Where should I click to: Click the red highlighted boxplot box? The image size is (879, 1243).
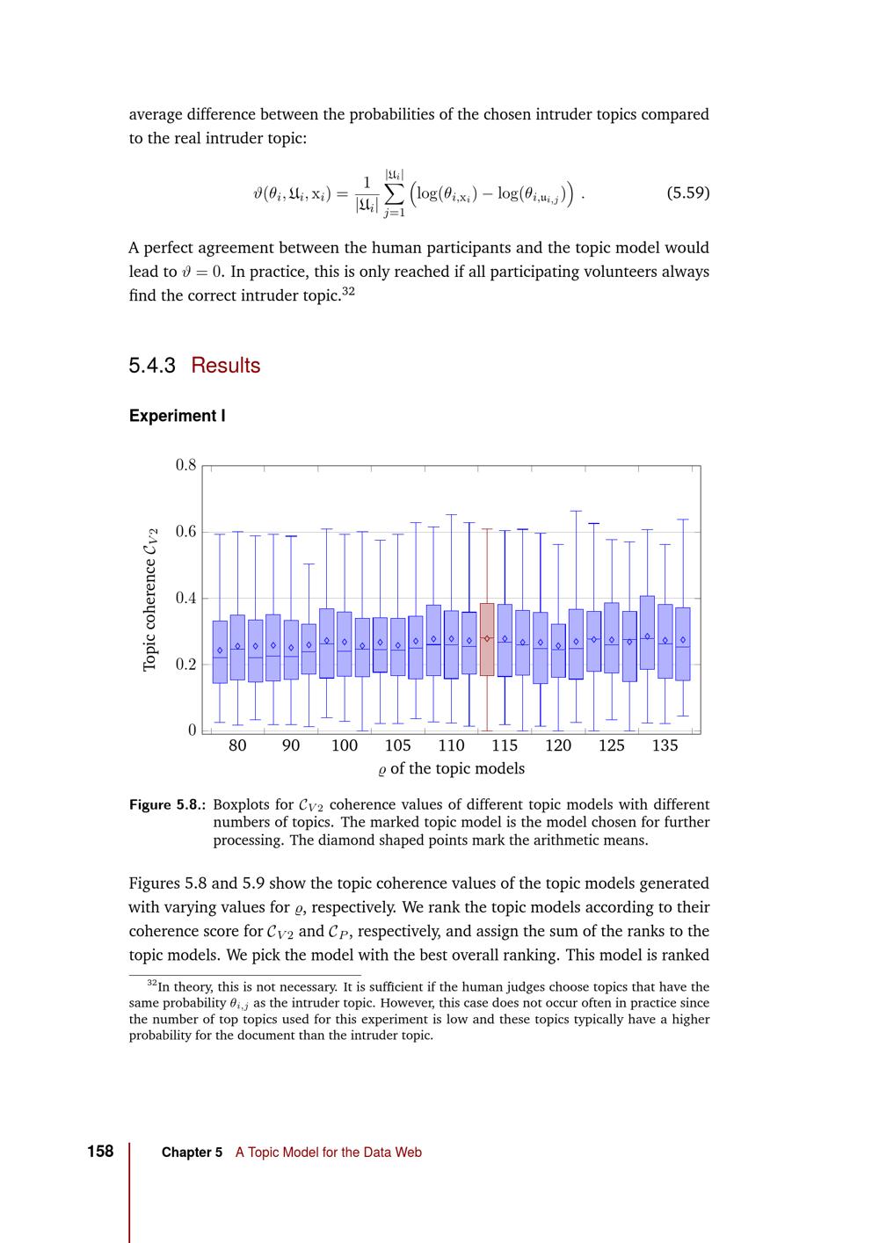[x=486, y=639]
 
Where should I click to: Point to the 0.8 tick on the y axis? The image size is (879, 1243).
[x=185, y=465]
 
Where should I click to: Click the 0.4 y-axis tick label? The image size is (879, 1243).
[x=185, y=599]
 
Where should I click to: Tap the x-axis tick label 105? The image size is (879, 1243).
[x=397, y=745]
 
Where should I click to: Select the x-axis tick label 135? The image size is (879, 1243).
[x=665, y=745]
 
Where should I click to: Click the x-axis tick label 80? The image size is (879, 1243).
[x=237, y=745]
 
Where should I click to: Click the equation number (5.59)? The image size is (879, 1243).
[x=688, y=193]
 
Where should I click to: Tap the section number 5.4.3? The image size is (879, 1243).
[x=152, y=366]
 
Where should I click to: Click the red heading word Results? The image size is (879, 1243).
[x=226, y=366]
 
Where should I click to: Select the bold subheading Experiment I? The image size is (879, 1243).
[x=177, y=416]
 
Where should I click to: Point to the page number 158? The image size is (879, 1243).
[x=100, y=1152]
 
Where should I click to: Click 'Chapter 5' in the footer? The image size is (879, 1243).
[x=192, y=1152]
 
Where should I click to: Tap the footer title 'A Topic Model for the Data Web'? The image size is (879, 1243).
[x=328, y=1152]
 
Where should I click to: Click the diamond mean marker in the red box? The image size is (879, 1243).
[x=487, y=638]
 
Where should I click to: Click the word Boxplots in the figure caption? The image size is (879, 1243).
[x=242, y=804]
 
